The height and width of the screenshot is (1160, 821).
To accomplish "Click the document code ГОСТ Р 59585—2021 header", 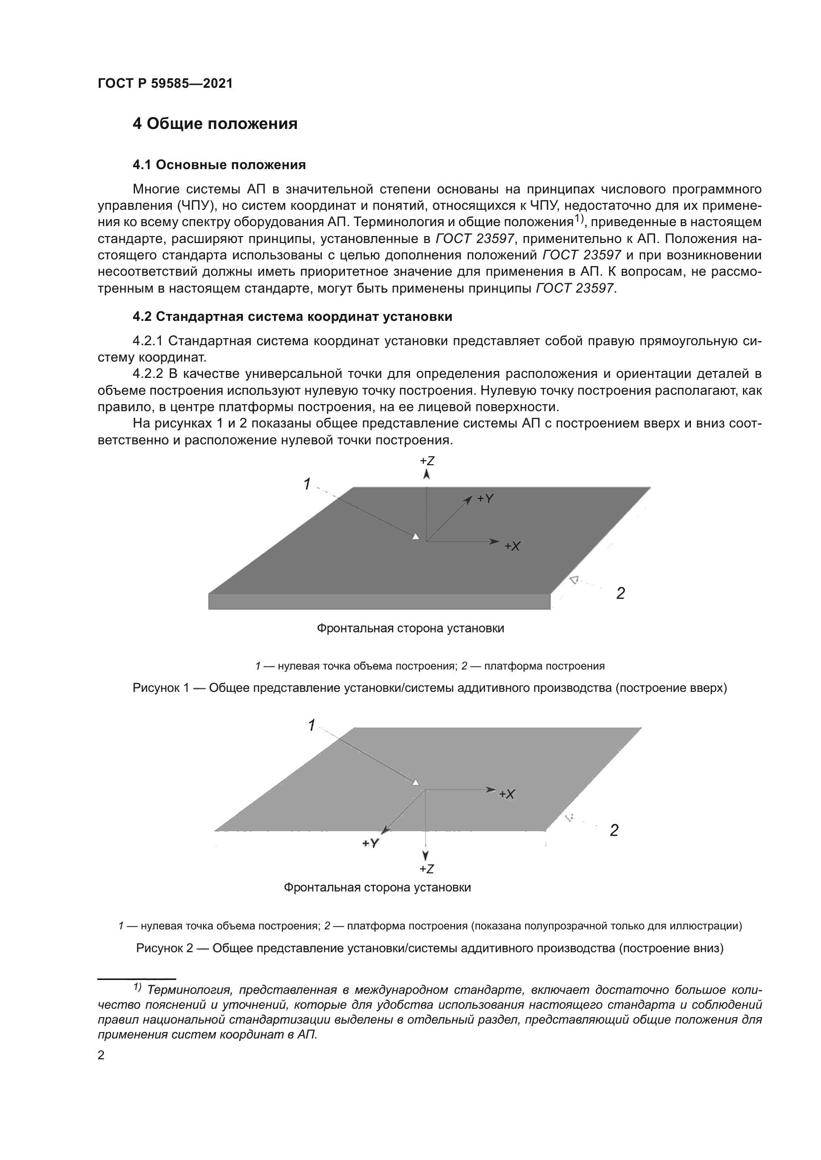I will [165, 84].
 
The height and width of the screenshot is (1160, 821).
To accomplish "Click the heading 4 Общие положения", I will [215, 123].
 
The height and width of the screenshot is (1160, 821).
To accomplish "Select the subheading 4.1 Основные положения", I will [219, 165].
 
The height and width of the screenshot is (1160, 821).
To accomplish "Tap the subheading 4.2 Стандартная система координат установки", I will [292, 317].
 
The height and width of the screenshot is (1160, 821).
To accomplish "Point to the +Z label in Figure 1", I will [427, 461].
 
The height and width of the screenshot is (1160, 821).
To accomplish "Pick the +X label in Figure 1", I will [512, 546].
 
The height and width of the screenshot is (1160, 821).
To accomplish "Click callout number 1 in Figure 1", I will [307, 484].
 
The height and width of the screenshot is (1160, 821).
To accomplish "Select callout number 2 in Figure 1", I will [620, 594].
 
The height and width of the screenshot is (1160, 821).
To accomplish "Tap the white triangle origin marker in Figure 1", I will [415, 537].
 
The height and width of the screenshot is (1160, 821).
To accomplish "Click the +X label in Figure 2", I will [507, 794].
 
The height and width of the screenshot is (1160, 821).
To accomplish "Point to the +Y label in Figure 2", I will [371, 843].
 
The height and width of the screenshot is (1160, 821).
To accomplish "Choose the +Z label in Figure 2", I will [427, 869].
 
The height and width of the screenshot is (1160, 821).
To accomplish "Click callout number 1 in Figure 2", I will [311, 726].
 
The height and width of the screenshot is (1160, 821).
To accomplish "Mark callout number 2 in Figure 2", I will [614, 831].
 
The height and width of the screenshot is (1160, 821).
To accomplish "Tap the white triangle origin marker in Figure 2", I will [415, 783].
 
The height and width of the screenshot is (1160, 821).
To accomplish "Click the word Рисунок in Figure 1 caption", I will [156, 688].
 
